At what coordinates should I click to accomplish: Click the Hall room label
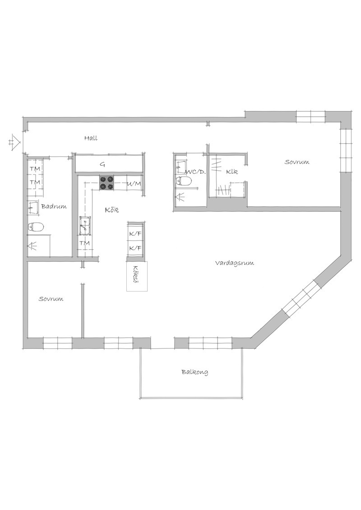[x=91, y=138]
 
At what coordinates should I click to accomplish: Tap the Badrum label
[x=54, y=206]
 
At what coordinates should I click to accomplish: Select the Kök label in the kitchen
[x=111, y=210]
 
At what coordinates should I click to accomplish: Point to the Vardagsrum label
[x=235, y=263]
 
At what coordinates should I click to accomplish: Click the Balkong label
[x=195, y=372]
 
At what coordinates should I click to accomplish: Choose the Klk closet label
[x=232, y=171]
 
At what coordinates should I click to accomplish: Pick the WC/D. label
[x=195, y=172]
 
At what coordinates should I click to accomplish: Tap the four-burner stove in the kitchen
[x=107, y=183]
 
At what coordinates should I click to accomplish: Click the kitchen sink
[x=84, y=226]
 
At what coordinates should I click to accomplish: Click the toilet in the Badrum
[x=36, y=226]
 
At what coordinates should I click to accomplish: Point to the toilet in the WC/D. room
[x=183, y=181]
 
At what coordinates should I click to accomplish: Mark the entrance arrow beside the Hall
[x=15, y=141]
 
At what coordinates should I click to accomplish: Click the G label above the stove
[x=102, y=164]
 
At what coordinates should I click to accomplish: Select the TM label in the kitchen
[x=85, y=243]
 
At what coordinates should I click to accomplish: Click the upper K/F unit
[x=135, y=233]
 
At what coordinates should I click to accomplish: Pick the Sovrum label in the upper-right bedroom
[x=297, y=162]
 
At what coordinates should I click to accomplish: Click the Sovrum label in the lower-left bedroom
[x=51, y=299]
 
